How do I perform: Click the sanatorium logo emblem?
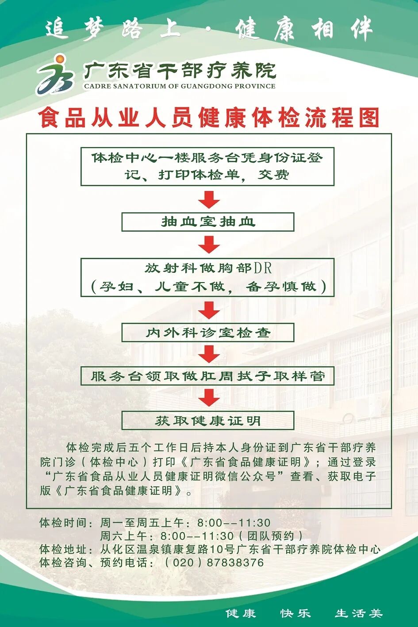[56, 75]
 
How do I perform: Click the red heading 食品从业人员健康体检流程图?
[209, 118]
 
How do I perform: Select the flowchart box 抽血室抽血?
[208, 222]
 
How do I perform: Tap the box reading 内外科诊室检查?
[208, 333]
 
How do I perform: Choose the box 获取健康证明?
[208, 421]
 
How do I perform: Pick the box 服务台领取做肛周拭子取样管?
[207, 376]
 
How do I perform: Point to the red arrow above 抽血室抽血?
[209, 199]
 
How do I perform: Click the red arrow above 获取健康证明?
[209, 398]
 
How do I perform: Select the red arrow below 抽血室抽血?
[209, 244]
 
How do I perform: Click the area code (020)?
[180, 562]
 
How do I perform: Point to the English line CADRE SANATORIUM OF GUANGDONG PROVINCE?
[180, 86]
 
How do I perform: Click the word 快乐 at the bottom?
[295, 613]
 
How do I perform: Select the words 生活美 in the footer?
[358, 613]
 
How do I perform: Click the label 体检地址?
[63, 549]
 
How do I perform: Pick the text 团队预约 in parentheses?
[271, 536]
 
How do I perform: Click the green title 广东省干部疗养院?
[180, 70]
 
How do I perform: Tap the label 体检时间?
[63, 523]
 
